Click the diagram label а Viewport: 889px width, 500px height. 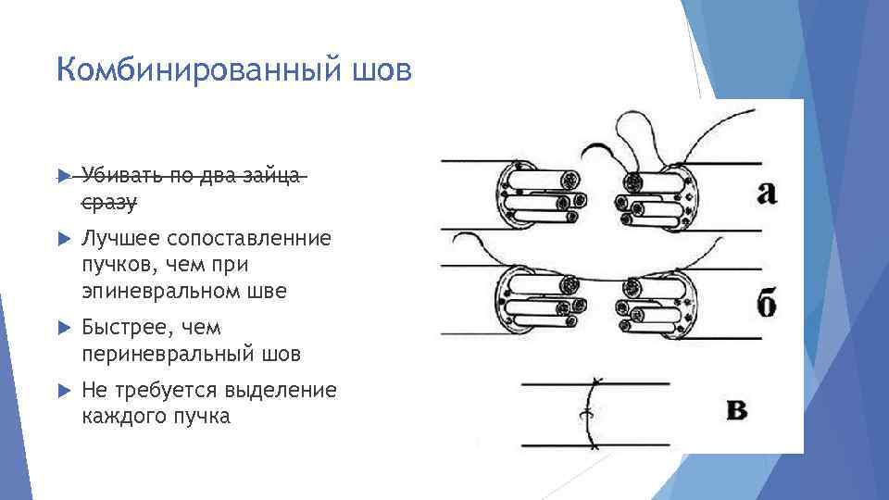point(766,192)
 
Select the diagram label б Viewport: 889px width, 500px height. point(766,303)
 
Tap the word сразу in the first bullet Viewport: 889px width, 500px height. point(109,201)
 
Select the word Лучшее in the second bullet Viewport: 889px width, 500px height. point(114,240)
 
